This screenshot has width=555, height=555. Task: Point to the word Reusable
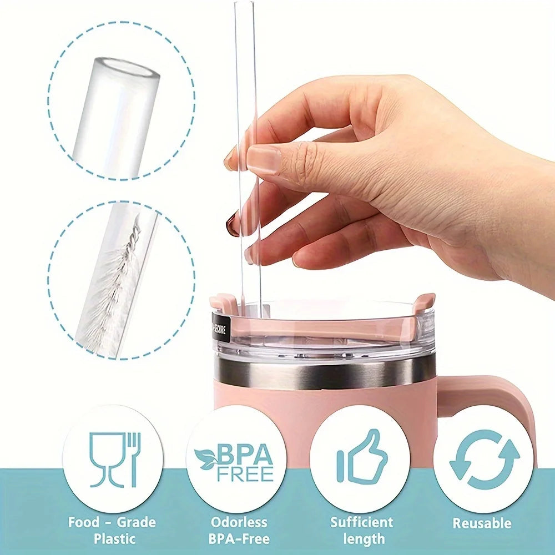(x=481, y=523)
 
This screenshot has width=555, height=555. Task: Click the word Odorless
(x=239, y=522)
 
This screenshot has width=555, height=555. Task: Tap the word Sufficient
(x=362, y=522)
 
